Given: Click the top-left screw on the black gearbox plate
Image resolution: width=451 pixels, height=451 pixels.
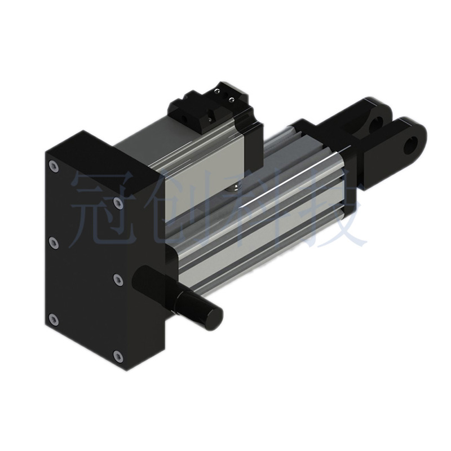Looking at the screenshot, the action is click(54, 166).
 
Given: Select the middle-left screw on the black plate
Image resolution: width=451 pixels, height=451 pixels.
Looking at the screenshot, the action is click(54, 242).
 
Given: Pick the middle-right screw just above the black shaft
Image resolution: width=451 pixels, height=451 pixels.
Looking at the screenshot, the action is click(118, 278).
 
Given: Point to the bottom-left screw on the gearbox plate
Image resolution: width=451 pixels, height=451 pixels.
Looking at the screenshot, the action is click(54, 319).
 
